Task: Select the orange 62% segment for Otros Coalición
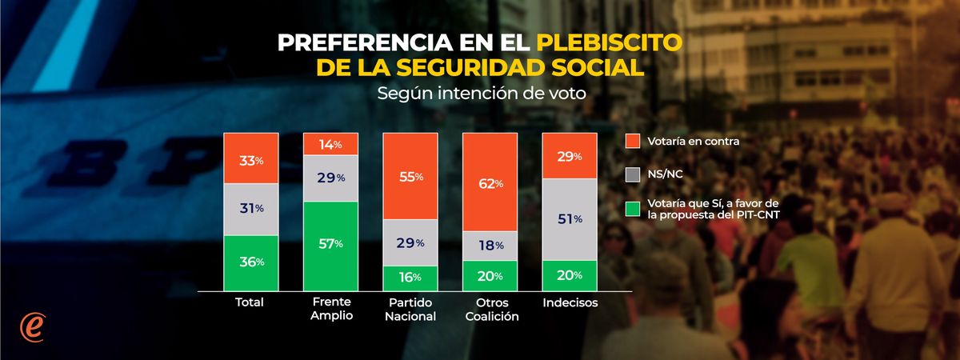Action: coord(490,184)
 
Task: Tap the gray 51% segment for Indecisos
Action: coord(570,219)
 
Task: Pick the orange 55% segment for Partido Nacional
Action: coord(410,176)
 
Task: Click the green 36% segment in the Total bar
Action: coord(250,262)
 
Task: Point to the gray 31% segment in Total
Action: coord(250,209)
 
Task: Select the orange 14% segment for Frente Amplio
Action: coord(330,145)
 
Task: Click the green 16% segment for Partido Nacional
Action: coord(410,276)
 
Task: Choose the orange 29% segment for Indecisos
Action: coord(570,156)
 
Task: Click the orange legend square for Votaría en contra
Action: coord(632,142)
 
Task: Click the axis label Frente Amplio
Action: coord(330,309)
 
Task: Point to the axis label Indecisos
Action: coord(570,303)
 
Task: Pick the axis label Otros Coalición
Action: coord(490,309)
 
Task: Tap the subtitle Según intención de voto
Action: coord(480,92)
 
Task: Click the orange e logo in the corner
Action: coord(33,327)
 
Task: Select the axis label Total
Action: coord(250,303)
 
